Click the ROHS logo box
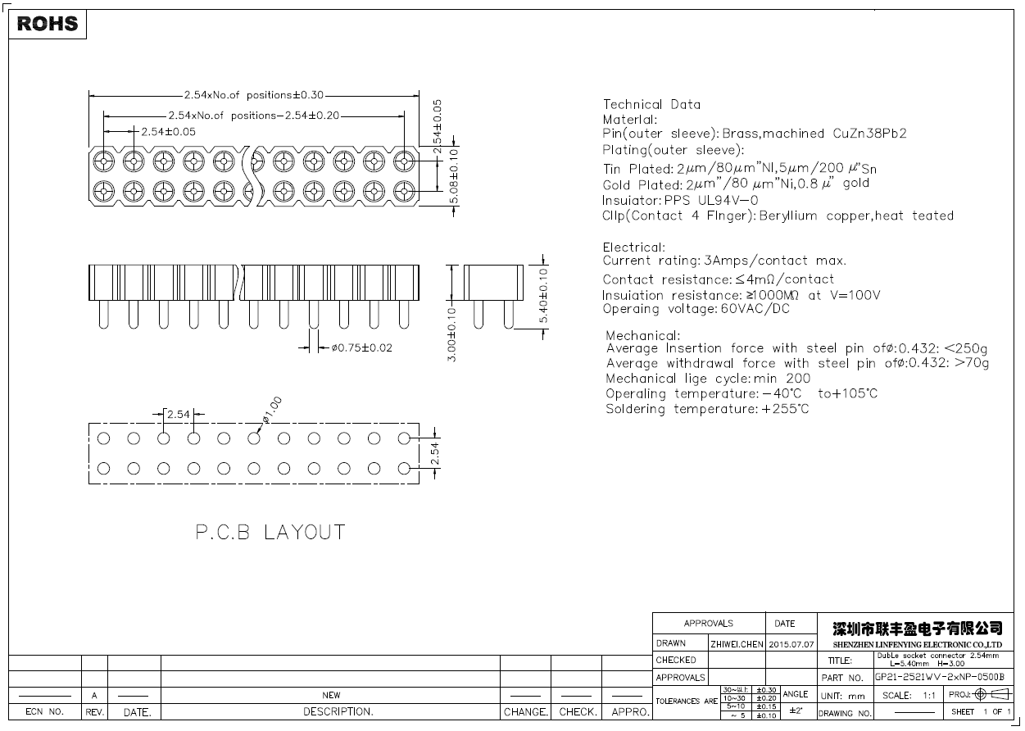pos(48,24)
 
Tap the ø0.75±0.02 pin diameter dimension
pos(362,347)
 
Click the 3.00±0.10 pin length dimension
pos(451,335)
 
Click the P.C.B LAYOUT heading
pos(270,533)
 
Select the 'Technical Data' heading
pos(651,104)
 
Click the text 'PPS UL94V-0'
pos(710,200)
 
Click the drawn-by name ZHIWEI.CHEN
pos(737,644)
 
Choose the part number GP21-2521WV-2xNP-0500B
pos(938,678)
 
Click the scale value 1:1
pos(929,695)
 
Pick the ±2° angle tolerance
pos(795,711)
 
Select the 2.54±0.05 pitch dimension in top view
pos(168,131)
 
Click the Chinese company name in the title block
pos(917,629)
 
